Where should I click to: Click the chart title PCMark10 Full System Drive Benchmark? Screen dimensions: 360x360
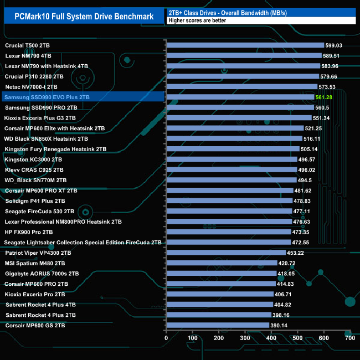point(83,16)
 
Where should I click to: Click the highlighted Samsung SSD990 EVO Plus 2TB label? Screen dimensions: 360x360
point(47,97)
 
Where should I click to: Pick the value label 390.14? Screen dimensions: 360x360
point(279,326)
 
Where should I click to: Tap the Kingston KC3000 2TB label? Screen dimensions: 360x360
point(33,160)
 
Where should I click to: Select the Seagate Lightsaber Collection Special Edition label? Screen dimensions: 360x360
point(83,243)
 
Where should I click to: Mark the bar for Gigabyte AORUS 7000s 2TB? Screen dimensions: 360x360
point(221,274)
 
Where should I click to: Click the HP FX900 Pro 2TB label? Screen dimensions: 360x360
point(29,232)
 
